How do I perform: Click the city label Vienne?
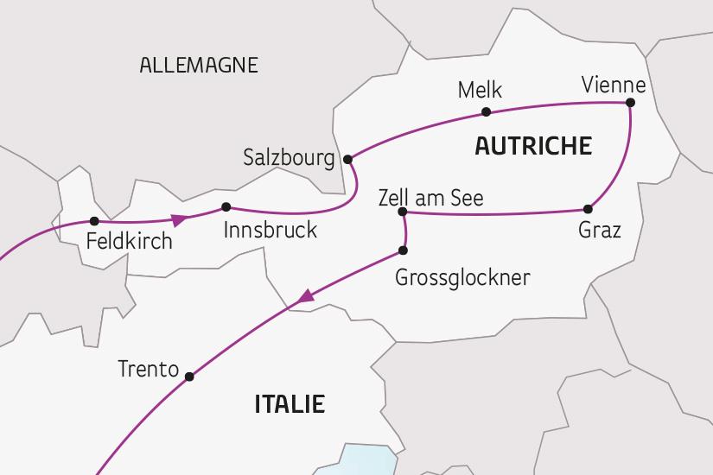pos(614,85)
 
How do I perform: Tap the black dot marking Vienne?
pos(630,103)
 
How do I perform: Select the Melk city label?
pos(480,91)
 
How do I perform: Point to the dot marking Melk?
pos(487,111)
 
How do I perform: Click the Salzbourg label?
pos(289,159)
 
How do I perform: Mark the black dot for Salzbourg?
pos(348,159)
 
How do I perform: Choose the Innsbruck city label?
pos(270,231)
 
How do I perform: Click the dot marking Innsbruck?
pos(226,206)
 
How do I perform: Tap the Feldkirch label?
pos(130,241)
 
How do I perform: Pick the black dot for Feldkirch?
pos(95,222)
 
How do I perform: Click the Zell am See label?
pos(430,198)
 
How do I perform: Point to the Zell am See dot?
pos(402,212)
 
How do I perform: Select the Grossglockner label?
pos(462,277)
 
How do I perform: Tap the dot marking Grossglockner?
pos(403,250)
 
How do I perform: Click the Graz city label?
pos(599,231)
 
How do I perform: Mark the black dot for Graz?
pos(589,209)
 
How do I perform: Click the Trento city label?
pos(148,370)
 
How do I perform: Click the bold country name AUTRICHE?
pos(533,146)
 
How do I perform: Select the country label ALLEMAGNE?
pos(198,66)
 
